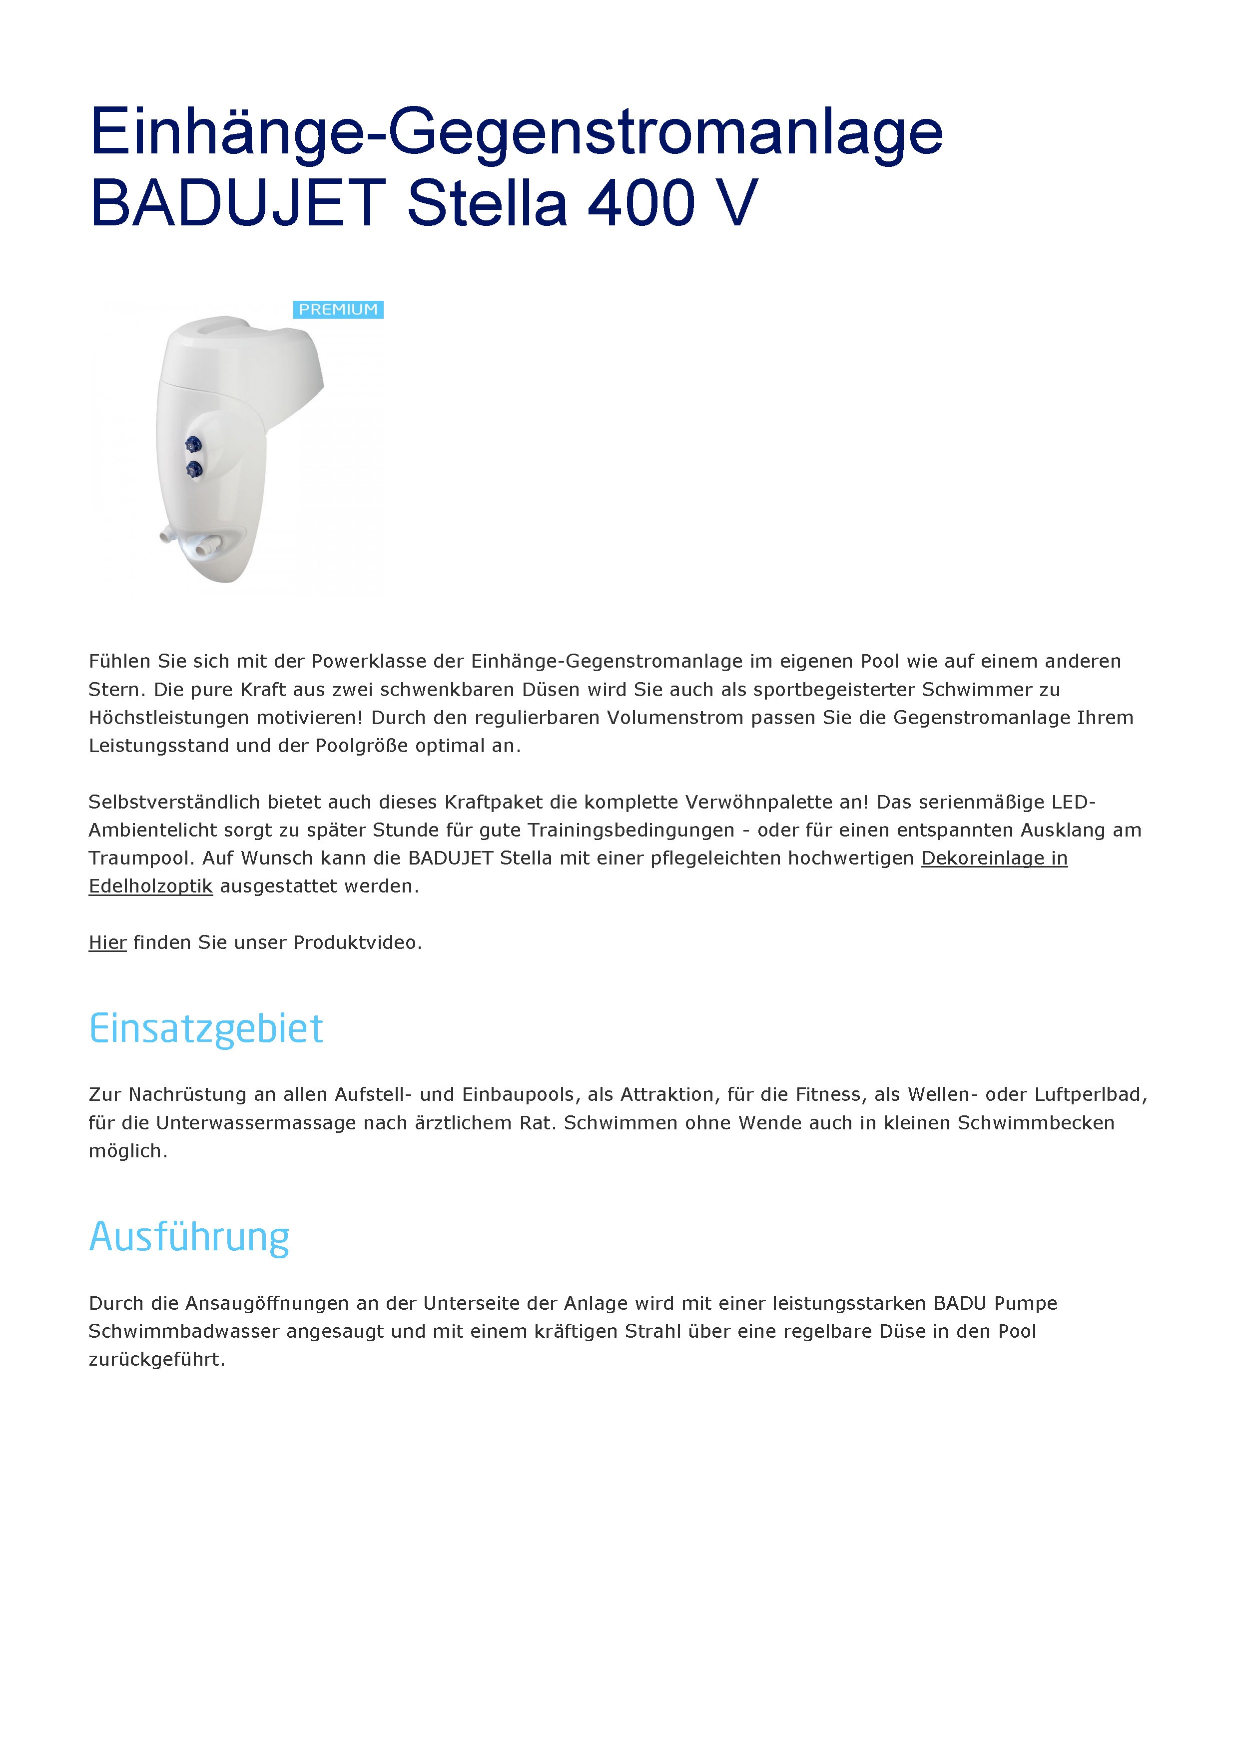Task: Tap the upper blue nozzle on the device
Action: pos(193,444)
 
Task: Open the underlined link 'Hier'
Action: pos(107,943)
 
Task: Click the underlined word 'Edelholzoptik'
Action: pos(150,886)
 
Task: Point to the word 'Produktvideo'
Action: pos(356,943)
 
